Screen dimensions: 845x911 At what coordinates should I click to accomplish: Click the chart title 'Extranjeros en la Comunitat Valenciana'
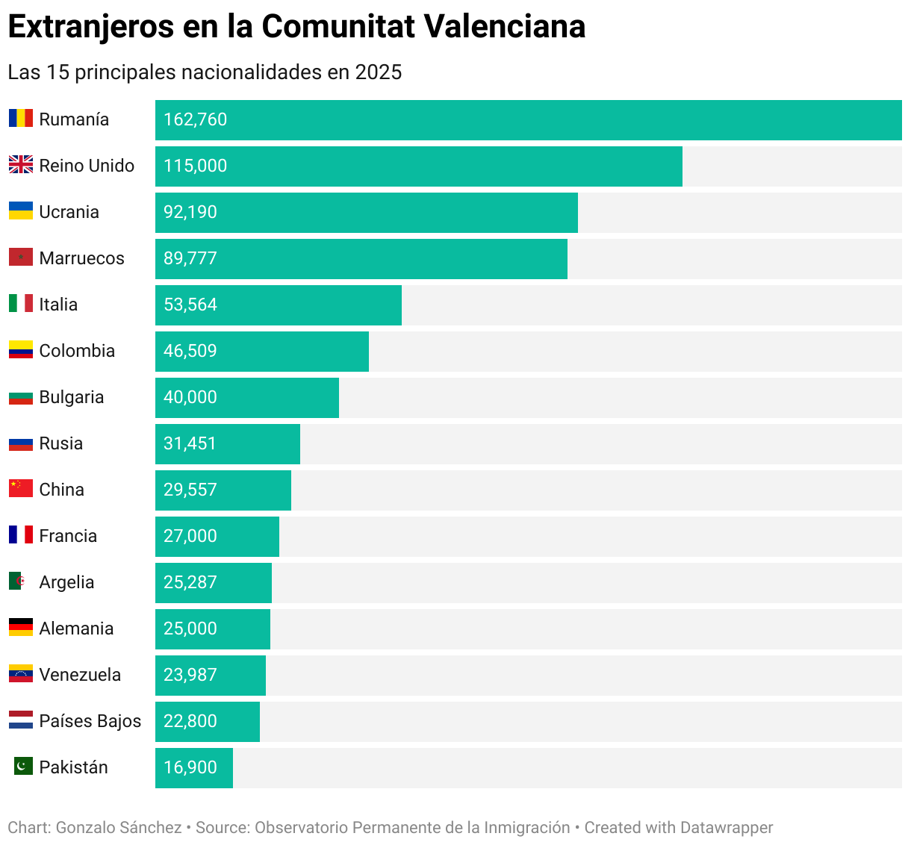tap(296, 27)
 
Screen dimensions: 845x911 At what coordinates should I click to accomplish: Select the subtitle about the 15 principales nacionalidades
tap(205, 72)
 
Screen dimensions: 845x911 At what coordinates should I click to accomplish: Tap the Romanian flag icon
tap(21, 119)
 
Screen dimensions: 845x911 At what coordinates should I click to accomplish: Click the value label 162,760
tap(195, 120)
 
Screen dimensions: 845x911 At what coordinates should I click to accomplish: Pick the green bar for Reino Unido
tap(418, 166)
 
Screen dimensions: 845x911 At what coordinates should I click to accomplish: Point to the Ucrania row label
tap(69, 212)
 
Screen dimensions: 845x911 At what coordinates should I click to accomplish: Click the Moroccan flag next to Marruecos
tap(21, 258)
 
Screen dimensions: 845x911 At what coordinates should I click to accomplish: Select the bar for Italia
tap(278, 305)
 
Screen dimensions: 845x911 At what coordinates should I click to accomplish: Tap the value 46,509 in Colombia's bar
tap(190, 352)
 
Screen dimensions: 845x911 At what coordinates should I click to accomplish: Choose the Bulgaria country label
tap(71, 397)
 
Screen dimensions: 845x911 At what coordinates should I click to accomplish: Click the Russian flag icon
tap(21, 443)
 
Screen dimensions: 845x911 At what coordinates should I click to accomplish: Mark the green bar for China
tap(223, 490)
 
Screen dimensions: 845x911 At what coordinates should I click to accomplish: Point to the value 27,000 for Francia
tap(190, 537)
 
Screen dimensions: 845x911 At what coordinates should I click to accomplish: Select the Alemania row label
tap(76, 629)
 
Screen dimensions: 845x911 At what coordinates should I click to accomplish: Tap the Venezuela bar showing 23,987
tap(211, 676)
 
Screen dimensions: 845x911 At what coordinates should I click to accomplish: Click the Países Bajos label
tap(90, 721)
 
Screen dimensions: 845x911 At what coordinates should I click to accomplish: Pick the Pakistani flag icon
tap(23, 766)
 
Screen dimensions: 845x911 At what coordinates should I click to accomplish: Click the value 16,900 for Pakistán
tap(190, 768)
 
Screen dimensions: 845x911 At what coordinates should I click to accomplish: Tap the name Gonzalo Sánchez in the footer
tap(119, 828)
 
